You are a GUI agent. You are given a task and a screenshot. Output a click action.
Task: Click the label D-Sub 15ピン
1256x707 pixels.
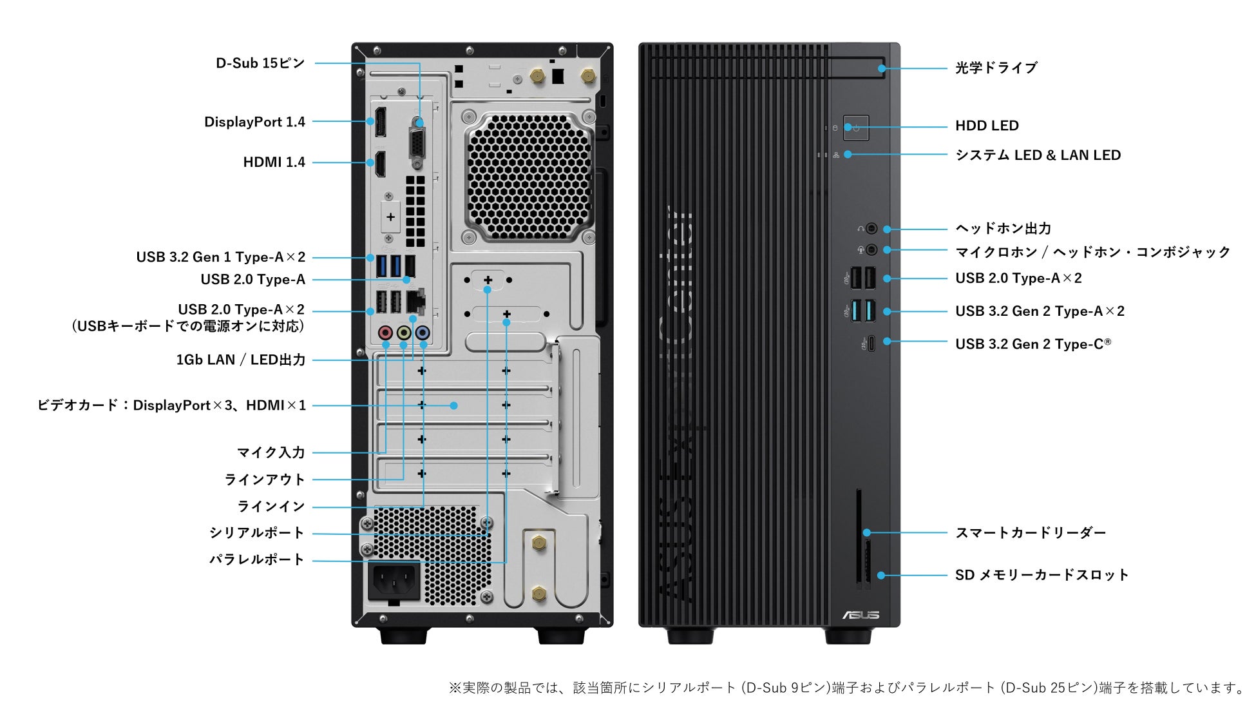[260, 63]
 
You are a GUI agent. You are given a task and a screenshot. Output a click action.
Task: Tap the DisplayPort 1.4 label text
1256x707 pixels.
[254, 122]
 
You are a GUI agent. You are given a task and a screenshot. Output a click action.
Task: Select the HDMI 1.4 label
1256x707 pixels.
[274, 162]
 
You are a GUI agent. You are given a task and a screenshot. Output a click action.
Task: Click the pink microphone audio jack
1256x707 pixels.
[385, 333]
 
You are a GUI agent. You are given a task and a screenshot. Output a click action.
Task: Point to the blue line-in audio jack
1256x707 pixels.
[423, 333]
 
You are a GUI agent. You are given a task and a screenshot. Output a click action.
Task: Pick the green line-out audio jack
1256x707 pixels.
[404, 333]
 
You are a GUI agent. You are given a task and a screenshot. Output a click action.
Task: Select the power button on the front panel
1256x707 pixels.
[856, 128]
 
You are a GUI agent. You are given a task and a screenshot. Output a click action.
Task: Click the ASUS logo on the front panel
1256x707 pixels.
[861, 615]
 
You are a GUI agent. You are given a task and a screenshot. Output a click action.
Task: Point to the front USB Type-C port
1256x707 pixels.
[871, 343]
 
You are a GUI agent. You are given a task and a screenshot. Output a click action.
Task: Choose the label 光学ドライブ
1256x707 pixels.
[996, 68]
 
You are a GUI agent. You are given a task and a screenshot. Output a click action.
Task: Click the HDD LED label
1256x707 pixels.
[987, 126]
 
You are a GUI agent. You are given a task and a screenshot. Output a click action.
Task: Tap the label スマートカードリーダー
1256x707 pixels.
[1030, 533]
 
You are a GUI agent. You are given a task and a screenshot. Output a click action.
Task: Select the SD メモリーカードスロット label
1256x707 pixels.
[1042, 575]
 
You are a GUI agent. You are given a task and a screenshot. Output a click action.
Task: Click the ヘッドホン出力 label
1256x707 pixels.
[1003, 228]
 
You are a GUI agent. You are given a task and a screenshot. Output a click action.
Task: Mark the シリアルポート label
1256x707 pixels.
[256, 533]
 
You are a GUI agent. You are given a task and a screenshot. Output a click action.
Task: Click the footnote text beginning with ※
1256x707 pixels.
[848, 688]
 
